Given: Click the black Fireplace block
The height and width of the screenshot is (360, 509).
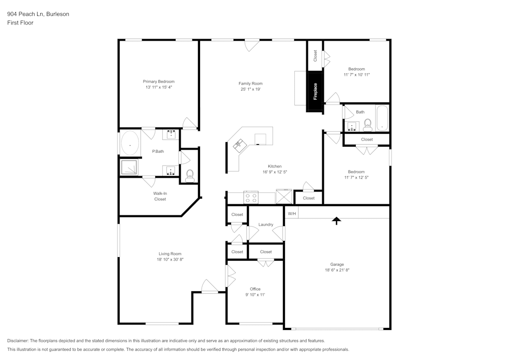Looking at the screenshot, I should pyautogui.click(x=314, y=92).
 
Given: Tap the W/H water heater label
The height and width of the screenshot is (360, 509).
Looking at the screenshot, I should pyautogui.click(x=292, y=214).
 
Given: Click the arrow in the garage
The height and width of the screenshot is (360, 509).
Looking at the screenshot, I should pyautogui.click(x=336, y=220).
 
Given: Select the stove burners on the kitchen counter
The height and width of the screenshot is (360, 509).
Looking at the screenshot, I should pyautogui.click(x=251, y=197).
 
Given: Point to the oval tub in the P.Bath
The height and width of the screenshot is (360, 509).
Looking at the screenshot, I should pyautogui.click(x=130, y=144).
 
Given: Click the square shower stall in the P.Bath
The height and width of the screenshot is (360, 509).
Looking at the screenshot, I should pyautogui.click(x=129, y=167).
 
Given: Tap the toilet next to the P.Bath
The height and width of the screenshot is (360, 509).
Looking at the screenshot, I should pyautogui.click(x=190, y=176).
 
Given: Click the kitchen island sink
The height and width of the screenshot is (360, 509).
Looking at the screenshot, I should pyautogui.click(x=238, y=146).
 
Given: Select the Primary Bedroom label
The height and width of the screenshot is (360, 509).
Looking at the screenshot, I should pyautogui.click(x=158, y=81).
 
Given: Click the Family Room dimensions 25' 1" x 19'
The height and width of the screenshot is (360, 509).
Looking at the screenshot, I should pyautogui.click(x=250, y=90).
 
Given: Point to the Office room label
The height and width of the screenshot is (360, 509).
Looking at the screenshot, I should pyautogui.click(x=255, y=289).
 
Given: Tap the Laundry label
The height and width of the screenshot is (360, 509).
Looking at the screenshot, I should pyautogui.click(x=266, y=225).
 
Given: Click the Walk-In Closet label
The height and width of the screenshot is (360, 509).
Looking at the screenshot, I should pyautogui.click(x=160, y=196).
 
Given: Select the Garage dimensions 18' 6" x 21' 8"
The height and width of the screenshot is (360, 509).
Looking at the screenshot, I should pyautogui.click(x=337, y=270).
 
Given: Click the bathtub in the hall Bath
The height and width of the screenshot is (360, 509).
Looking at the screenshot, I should pyautogui.click(x=382, y=118).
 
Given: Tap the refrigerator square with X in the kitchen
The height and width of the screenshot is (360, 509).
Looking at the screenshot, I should pyautogui.click(x=283, y=197).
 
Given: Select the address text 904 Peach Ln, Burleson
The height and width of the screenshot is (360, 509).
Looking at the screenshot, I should pyautogui.click(x=38, y=14).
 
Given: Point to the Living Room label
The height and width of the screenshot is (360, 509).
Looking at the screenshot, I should pyautogui.click(x=169, y=254).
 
